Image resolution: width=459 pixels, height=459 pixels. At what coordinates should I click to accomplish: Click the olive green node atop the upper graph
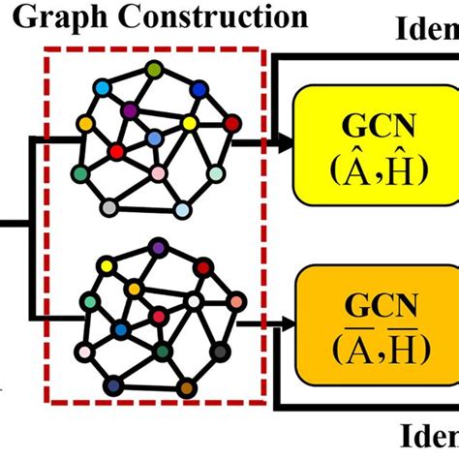click(154, 69)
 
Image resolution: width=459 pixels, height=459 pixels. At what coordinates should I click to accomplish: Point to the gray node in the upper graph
click(109, 206)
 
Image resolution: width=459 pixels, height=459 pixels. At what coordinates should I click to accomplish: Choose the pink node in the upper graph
click(158, 173)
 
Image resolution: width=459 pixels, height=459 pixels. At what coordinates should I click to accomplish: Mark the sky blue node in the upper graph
click(182, 208)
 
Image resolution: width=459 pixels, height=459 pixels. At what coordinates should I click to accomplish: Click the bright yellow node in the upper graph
click(189, 123)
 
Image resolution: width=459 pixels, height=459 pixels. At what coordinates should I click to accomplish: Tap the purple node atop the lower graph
click(158, 250)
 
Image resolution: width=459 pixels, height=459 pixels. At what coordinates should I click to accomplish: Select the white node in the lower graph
click(193, 301)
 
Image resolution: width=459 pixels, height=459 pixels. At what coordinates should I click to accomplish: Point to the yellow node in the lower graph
click(135, 289)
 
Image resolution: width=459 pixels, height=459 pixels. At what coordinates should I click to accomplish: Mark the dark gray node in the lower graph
click(222, 351)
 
